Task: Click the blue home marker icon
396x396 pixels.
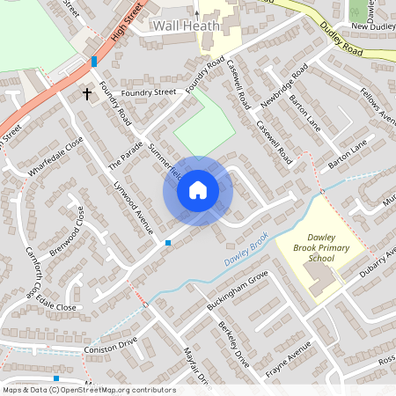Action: tap(198, 190)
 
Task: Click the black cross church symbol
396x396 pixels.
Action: tap(87, 92)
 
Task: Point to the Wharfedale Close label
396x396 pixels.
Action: tap(55, 158)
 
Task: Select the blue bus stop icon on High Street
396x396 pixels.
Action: tap(93, 62)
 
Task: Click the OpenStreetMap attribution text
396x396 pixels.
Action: tap(88, 390)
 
